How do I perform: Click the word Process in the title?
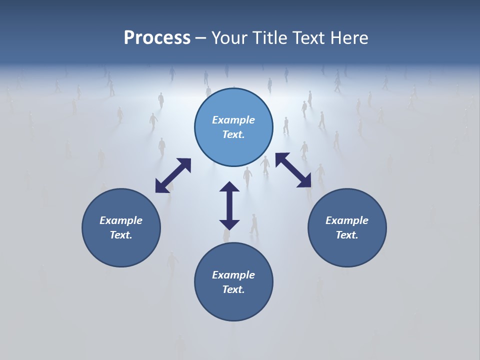click(x=157, y=38)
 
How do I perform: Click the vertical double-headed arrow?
click(x=229, y=206)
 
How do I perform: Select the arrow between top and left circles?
click(x=173, y=175)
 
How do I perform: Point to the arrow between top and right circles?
click(x=293, y=170)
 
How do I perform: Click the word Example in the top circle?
click(x=233, y=120)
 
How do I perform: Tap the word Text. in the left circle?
click(x=121, y=235)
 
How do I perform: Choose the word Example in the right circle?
click(x=347, y=220)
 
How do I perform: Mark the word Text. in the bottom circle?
click(x=233, y=289)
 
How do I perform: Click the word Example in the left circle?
click(x=121, y=220)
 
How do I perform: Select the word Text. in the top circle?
click(x=233, y=134)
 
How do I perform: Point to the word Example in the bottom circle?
click(x=233, y=275)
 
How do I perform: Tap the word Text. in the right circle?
click(x=347, y=235)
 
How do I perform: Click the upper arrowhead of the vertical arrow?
click(x=229, y=188)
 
